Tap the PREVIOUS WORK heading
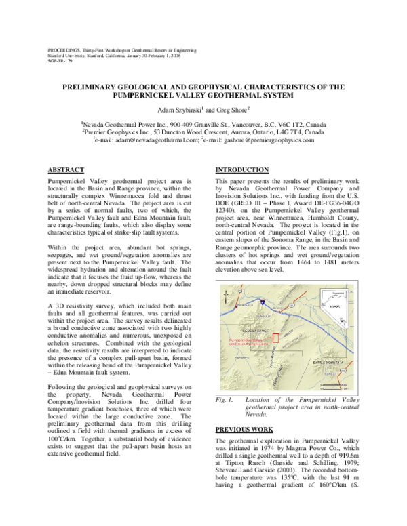click(244, 430)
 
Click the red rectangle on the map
click(275, 337)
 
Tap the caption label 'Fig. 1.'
click(224, 401)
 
